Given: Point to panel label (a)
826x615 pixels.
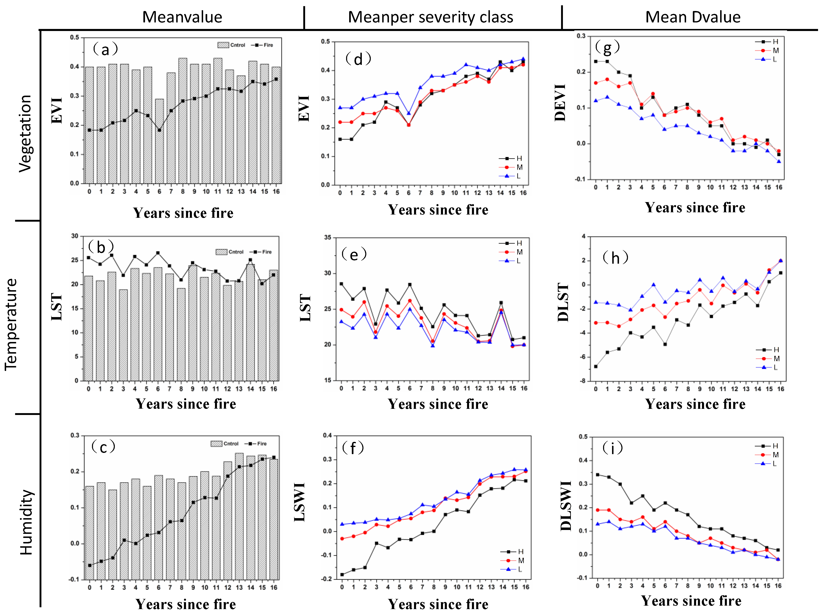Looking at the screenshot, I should pyautogui.click(x=105, y=50).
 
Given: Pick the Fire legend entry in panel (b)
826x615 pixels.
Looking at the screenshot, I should pyautogui.click(x=262, y=252).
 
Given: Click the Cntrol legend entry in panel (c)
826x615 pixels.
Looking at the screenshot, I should pyautogui.click(x=225, y=444).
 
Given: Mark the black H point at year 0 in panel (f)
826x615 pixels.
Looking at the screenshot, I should pyautogui.click(x=342, y=574).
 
